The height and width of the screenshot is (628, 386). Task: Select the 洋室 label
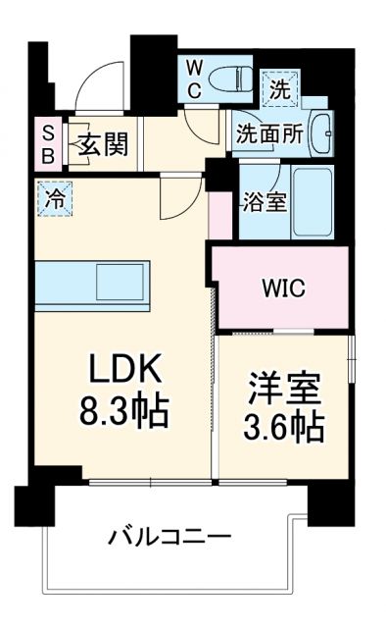click(285, 389)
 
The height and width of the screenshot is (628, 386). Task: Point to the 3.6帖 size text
click(285, 428)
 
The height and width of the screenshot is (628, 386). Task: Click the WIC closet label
click(282, 288)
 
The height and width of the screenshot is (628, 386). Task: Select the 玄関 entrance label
click(102, 146)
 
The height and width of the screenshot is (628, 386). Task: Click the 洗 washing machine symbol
click(281, 87)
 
